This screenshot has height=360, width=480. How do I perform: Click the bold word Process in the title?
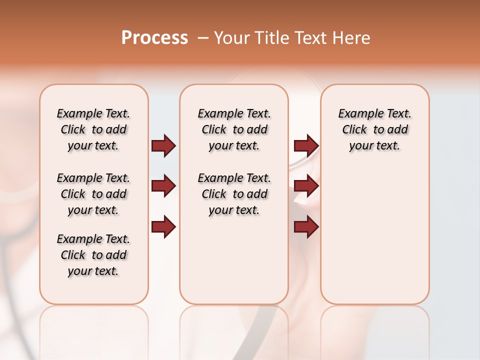click(x=154, y=38)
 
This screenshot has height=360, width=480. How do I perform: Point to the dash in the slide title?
click(x=202, y=38)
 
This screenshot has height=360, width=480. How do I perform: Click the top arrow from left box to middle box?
click(x=163, y=146)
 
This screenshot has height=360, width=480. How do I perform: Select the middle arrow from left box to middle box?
click(x=163, y=186)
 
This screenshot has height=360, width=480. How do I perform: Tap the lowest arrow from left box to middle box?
click(x=163, y=227)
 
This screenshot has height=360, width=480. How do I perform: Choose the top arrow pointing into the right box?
click(x=306, y=146)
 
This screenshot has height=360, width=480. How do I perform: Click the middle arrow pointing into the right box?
click(x=306, y=186)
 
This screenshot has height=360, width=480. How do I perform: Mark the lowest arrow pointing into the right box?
click(x=306, y=227)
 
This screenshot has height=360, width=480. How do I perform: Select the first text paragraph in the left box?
click(x=93, y=129)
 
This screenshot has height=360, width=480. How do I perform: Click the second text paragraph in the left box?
click(x=93, y=194)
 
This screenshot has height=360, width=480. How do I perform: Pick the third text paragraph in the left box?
click(x=93, y=255)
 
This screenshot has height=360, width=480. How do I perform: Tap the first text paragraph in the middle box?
click(x=234, y=129)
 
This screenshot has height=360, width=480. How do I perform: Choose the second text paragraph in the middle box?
click(x=234, y=194)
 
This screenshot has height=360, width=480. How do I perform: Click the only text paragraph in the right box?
click(x=374, y=129)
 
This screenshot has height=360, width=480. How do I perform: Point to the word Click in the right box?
click(x=354, y=130)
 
